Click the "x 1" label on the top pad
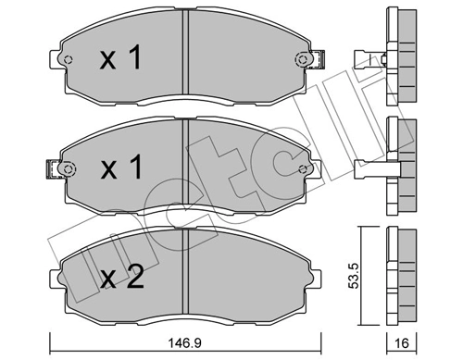[120, 60]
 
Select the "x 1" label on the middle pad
[120, 170]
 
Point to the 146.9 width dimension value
[187, 342]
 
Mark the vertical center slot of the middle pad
[187, 168]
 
